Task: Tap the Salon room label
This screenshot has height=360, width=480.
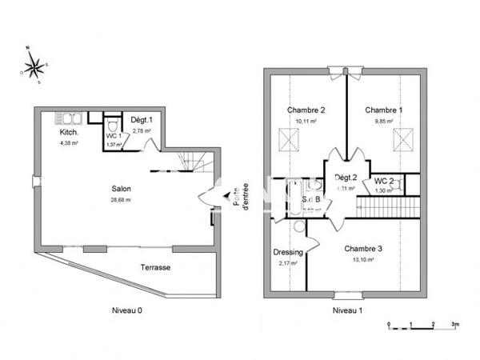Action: pyautogui.click(x=122, y=189)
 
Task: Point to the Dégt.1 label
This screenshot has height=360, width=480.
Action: pyautogui.click(x=142, y=120)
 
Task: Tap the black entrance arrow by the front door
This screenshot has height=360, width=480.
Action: pyautogui.click(x=226, y=194)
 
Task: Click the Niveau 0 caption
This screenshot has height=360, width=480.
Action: pyautogui.click(x=127, y=310)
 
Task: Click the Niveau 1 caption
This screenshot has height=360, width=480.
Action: pyautogui.click(x=347, y=310)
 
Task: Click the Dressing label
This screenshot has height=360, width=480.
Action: pyautogui.click(x=288, y=252)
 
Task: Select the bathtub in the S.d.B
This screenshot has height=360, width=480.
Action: pyautogui.click(x=294, y=197)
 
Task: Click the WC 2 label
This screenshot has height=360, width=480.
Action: pyautogui.click(x=384, y=182)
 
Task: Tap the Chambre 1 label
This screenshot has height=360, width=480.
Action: pyautogui.click(x=384, y=110)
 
